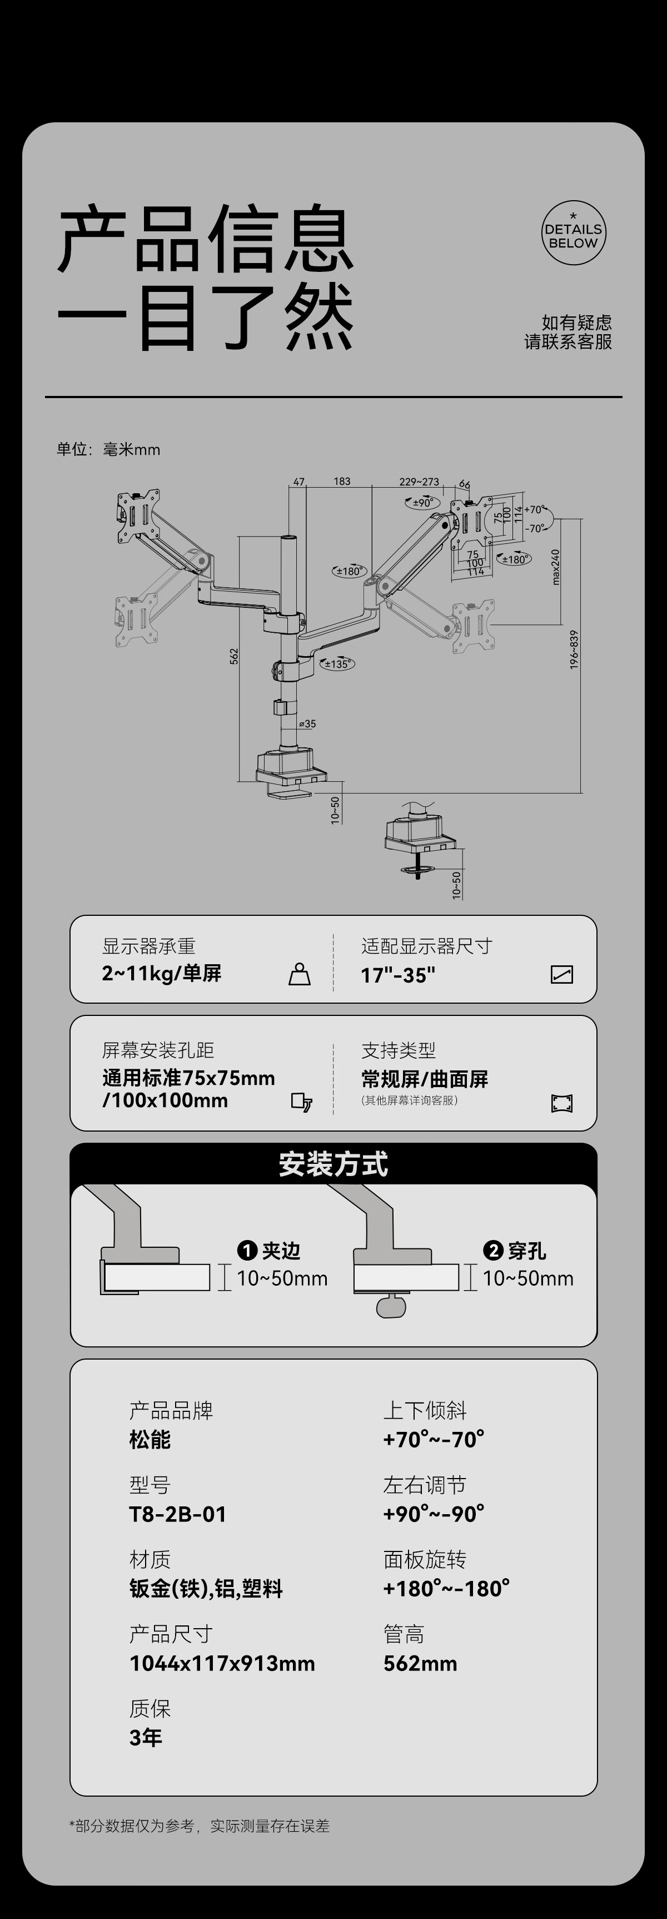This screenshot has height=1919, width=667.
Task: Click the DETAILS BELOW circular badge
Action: point(573,233)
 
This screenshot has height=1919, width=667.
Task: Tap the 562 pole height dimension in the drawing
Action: point(234,656)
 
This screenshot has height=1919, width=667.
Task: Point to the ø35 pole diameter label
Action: point(307,723)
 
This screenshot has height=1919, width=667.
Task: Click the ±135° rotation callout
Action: point(337,664)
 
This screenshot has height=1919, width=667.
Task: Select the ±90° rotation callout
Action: point(422,502)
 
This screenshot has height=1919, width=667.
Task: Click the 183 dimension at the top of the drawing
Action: point(342,481)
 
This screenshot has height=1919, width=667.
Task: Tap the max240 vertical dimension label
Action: point(555,567)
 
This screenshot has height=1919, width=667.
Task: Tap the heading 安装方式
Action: point(333,1164)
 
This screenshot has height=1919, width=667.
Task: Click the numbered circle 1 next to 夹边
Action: point(247,1251)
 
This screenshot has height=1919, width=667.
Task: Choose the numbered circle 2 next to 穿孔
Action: point(493,1251)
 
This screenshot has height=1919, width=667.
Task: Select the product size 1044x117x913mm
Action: point(222,1663)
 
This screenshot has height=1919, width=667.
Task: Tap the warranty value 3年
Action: point(146,1738)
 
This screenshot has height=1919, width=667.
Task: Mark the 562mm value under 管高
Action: point(420,1663)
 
